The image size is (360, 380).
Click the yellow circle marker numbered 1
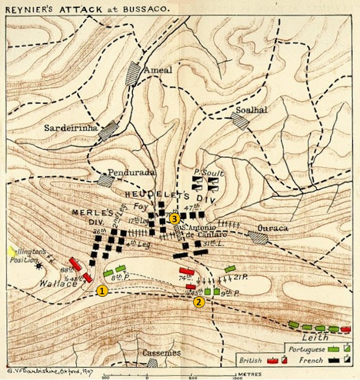click(x=102, y=291)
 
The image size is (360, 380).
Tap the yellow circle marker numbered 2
click(x=198, y=302)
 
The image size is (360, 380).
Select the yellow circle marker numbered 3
click(x=174, y=219)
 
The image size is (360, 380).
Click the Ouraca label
click(x=273, y=227)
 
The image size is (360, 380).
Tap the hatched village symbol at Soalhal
click(x=240, y=121)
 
